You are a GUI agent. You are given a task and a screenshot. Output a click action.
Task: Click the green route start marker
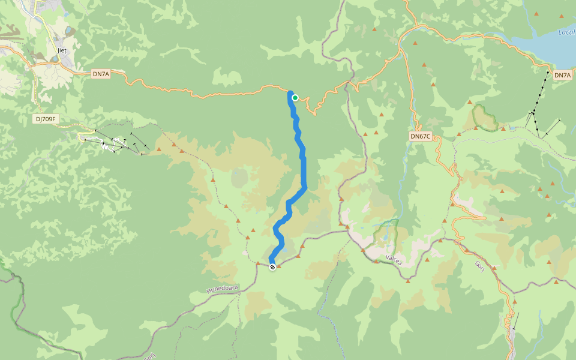coord(295,97)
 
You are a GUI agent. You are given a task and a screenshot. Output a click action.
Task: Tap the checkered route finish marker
coord(272,267)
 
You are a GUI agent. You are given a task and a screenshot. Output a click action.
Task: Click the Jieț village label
coord(61,51)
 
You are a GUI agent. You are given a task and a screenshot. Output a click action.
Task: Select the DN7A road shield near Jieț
coord(101,74)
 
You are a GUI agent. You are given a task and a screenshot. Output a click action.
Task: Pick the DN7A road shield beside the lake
coord(562,75)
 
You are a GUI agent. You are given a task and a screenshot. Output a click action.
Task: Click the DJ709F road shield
coord(46,119)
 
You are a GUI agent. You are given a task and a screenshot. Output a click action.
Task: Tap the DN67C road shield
coord(421,136)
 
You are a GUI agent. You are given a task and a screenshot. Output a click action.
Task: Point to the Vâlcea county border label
coord(393,259)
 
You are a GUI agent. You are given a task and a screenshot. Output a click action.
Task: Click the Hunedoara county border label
coord(223,289)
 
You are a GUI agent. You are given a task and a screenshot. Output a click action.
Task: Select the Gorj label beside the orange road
coord(479,266)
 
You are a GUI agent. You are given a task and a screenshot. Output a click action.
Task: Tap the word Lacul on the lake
coord(566,32)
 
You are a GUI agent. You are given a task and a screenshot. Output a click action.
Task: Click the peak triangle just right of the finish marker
coord(279,266)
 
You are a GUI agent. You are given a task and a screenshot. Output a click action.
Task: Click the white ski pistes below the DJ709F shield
coord(111,144)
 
